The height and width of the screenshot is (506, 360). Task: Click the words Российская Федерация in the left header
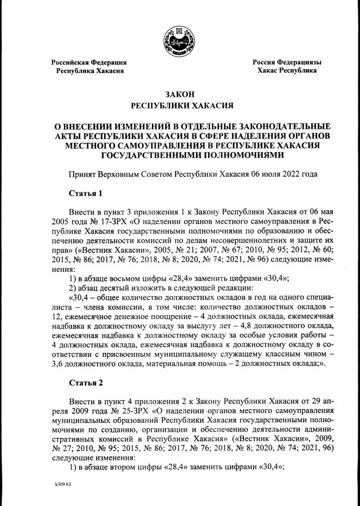click(89, 62)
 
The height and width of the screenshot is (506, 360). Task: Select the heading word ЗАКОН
click(180, 94)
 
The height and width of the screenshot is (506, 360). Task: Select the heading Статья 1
click(85, 194)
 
